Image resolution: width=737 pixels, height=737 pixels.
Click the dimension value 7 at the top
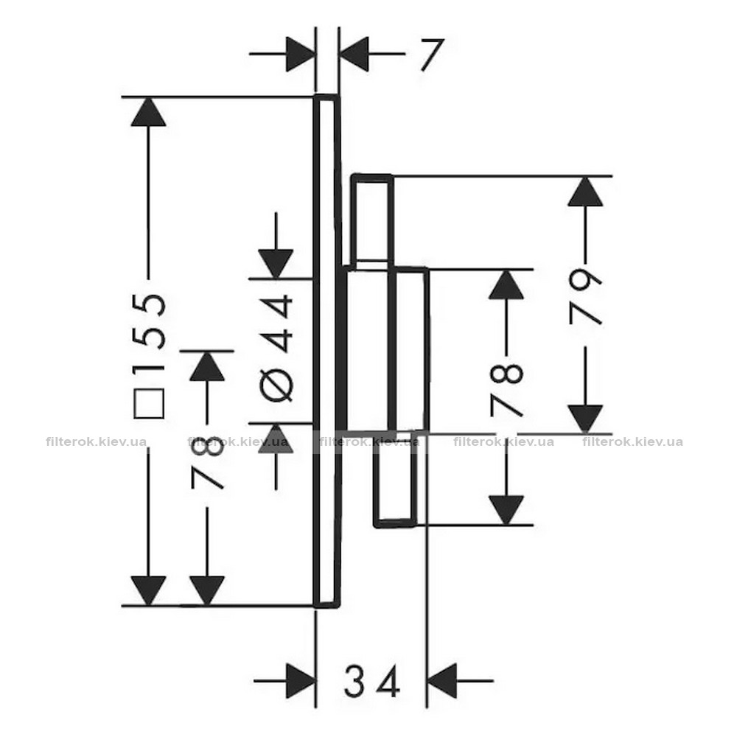tap(432, 55)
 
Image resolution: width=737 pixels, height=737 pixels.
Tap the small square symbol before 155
tap(149, 403)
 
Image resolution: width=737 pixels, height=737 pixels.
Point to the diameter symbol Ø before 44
tap(276, 385)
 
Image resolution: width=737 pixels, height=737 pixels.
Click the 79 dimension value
tap(585, 297)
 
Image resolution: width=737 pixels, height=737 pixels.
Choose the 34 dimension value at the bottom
tap(372, 680)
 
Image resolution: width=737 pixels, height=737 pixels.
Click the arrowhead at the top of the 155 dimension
tap(149, 112)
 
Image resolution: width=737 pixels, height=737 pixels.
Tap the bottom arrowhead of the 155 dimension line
tap(149, 591)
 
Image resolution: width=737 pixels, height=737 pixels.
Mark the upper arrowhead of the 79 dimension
tap(585, 192)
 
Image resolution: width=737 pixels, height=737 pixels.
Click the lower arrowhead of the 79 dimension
tap(585, 419)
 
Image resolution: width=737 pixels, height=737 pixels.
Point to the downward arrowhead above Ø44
tap(276, 264)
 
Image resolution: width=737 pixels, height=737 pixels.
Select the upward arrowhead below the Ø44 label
tap(276, 439)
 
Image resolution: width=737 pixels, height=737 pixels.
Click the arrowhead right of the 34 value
tap(442, 680)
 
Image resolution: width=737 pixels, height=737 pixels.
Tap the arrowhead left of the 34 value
tap(301, 680)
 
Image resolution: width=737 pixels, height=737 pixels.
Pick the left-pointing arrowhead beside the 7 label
tap(354, 54)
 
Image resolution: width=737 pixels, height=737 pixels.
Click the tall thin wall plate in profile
tap(326, 351)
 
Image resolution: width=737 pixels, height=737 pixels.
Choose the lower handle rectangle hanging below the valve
tap(395, 480)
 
